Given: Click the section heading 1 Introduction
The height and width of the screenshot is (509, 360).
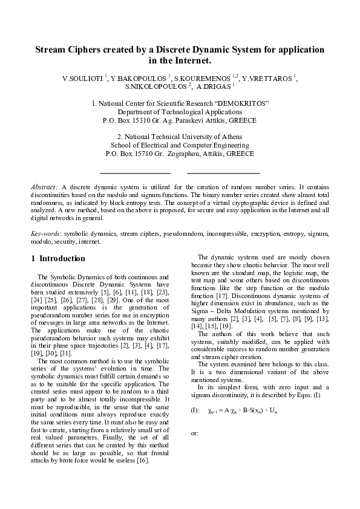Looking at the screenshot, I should (x=58, y=259).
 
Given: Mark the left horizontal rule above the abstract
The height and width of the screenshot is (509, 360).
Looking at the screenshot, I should (x=134, y=173).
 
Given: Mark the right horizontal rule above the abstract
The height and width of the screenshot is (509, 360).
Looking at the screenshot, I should (x=223, y=173).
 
